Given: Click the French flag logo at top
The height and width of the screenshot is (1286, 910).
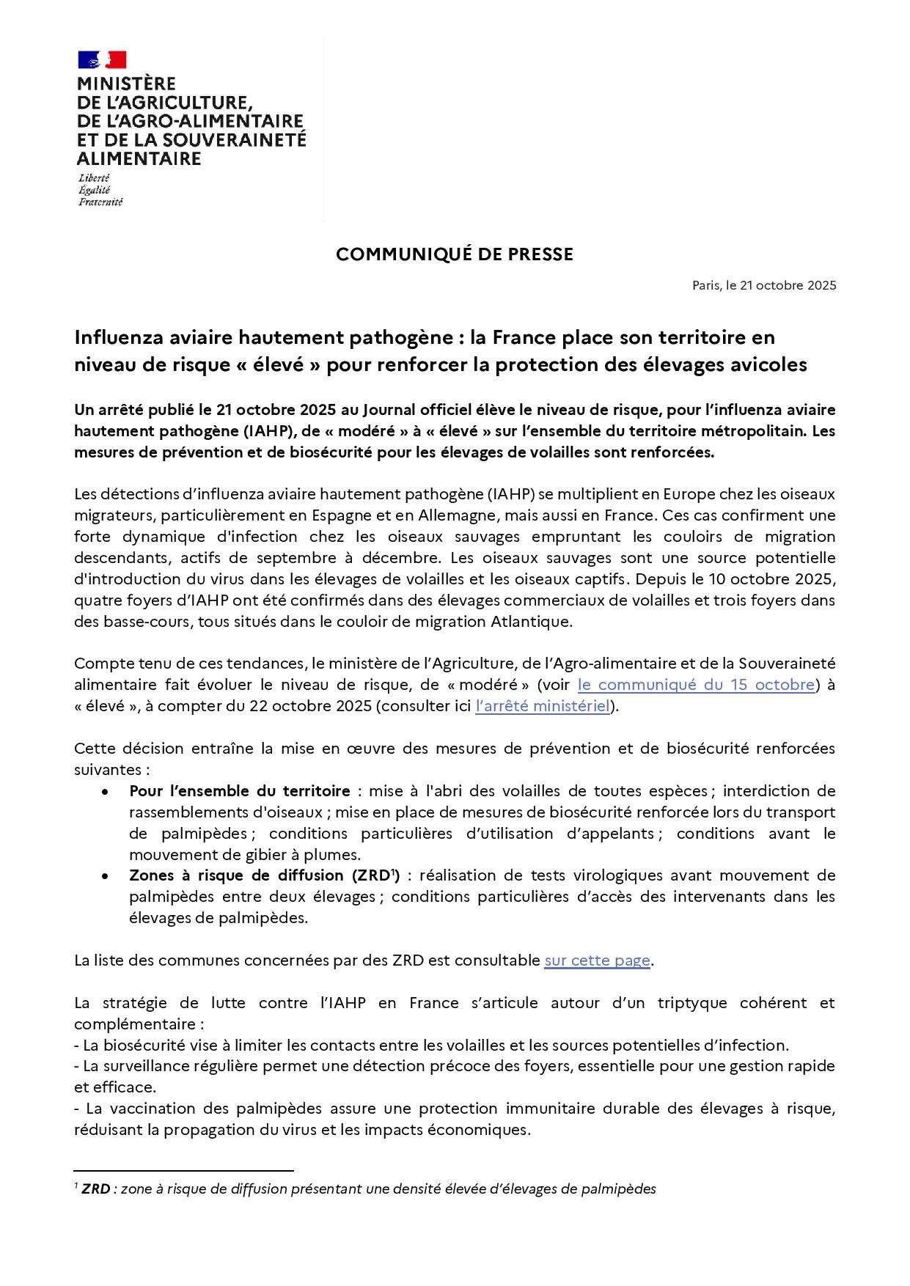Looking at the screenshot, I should (x=102, y=60).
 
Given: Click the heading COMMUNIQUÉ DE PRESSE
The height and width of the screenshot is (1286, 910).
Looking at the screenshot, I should (x=455, y=254).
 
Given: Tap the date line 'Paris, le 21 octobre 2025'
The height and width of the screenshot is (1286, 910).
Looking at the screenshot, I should (x=764, y=286).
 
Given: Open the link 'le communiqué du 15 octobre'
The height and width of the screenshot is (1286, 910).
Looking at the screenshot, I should (x=696, y=685).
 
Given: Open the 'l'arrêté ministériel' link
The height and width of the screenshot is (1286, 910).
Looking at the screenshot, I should (x=543, y=706).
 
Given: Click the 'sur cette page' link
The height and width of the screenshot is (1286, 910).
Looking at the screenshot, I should (x=597, y=960).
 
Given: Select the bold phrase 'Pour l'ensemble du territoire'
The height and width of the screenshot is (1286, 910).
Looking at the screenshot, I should (x=240, y=791).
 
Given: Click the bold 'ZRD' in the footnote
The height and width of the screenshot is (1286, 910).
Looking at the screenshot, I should (x=95, y=1189).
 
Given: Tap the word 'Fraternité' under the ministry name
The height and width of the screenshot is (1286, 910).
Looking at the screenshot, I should (x=100, y=202).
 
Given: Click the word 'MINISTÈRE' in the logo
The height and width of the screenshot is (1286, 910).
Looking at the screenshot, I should (x=127, y=84).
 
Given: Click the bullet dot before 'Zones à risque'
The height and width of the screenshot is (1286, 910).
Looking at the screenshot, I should (x=106, y=876).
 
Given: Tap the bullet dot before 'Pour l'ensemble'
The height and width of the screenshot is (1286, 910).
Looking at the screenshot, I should (x=106, y=792).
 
